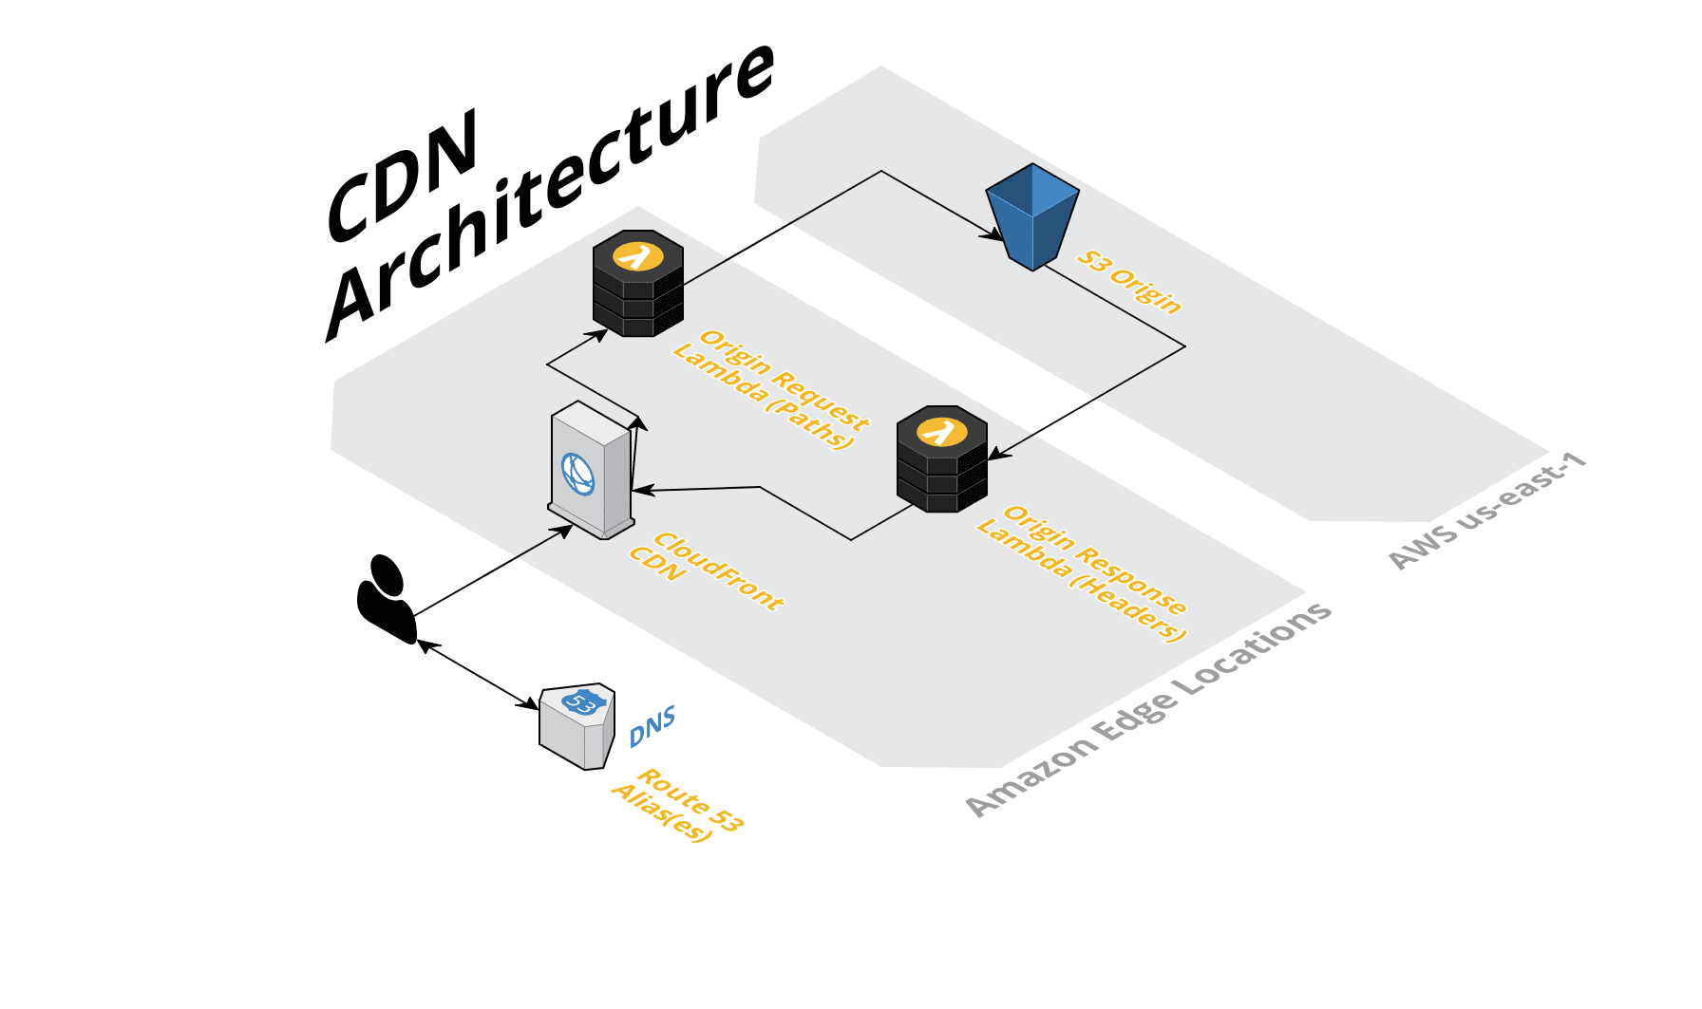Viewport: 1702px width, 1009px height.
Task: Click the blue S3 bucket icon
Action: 1032,216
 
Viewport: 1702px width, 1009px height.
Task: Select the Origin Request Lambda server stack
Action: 637,285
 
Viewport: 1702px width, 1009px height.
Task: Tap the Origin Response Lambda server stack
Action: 941,460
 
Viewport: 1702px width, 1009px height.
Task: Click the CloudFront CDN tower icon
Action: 591,470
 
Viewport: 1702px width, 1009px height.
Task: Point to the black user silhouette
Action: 386,599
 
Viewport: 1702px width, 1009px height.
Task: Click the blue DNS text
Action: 652,726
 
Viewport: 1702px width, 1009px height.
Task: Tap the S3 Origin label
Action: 1129,282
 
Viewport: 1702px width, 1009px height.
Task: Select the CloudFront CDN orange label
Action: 707,570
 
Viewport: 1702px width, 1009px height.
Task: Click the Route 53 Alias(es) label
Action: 677,806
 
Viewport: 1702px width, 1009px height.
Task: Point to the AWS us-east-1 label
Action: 1486,512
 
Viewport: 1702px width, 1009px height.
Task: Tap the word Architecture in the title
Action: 551,190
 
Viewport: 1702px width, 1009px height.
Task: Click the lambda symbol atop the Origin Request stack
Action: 637,256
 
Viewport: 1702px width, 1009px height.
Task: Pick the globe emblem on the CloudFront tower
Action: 577,474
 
